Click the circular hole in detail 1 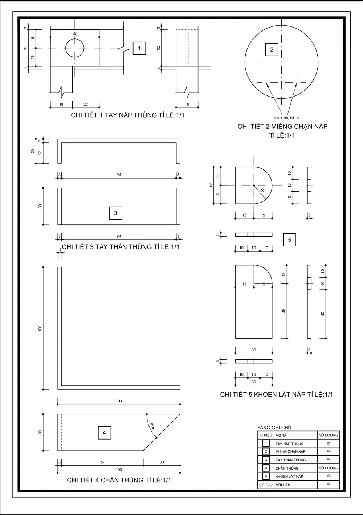tap(74, 48)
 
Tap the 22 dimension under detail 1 tap(86, 105)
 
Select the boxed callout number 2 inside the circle tap(272, 50)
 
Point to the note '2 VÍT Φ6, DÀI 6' tap(286, 118)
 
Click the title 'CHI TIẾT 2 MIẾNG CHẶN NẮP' tap(282, 126)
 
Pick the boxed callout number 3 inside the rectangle tap(115, 213)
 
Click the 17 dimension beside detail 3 tap(40, 153)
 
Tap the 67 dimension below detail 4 tap(102, 462)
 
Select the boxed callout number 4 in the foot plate tap(105, 433)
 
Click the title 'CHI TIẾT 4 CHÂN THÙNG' tap(119, 480)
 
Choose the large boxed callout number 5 tap(289, 240)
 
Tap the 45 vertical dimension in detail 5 tap(284, 311)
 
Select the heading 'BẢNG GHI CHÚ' tap(274, 428)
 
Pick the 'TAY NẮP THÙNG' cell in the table tap(289, 444)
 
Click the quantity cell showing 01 tap(329, 443)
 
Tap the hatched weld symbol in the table tap(265, 485)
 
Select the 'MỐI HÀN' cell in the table tap(283, 485)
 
